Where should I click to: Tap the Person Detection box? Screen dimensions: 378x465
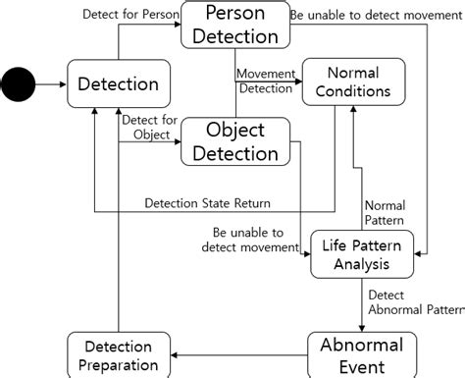pos(234,26)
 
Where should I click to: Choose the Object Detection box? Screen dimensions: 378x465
pos(234,141)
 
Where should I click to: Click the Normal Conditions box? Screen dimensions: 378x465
pos(353,82)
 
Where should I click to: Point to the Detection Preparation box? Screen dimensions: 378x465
pos(118,355)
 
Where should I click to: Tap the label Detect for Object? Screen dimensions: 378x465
pos(148,127)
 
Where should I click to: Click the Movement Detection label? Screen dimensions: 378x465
pos(268,81)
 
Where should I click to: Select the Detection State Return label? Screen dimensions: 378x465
pos(208,203)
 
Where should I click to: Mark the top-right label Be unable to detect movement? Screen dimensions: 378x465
pos(370,14)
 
